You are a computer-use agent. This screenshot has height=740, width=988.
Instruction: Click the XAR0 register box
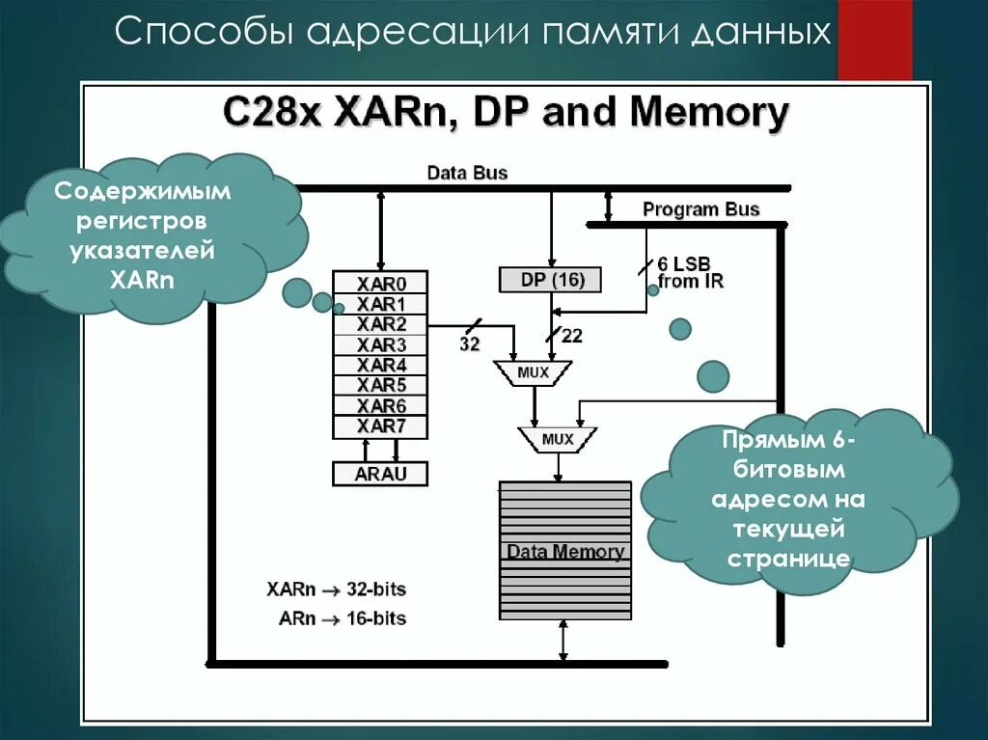tap(381, 284)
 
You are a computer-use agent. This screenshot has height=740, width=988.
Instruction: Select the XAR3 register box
tap(381, 344)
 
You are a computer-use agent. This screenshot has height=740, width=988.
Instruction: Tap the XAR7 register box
tap(381, 426)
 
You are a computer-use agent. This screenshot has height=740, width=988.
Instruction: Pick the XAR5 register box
tap(381, 386)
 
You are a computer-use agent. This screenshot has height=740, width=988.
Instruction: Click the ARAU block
tap(380, 474)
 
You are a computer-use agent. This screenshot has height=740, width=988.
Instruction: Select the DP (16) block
tap(549, 280)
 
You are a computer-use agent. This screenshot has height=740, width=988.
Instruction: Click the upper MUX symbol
tap(533, 371)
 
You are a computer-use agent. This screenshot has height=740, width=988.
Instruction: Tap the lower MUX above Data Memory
tap(558, 440)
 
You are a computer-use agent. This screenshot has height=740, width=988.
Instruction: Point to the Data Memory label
tap(565, 552)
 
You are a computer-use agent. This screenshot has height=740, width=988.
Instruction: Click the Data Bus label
tap(467, 173)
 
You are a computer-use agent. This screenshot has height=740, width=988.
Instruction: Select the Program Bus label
tap(701, 209)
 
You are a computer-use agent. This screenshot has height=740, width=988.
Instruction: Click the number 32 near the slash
tap(470, 344)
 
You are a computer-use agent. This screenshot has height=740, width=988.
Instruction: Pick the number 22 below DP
tap(571, 337)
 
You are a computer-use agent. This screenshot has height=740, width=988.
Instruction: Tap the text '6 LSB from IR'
tap(690, 273)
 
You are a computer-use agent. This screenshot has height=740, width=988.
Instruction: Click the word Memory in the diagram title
tap(709, 113)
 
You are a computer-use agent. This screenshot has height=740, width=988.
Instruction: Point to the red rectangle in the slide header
tap(874, 40)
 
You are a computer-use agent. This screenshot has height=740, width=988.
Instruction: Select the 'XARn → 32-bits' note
tap(336, 589)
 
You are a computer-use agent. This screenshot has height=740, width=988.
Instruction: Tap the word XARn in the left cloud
tap(141, 280)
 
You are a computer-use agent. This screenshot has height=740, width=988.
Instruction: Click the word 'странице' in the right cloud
tap(788, 559)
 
